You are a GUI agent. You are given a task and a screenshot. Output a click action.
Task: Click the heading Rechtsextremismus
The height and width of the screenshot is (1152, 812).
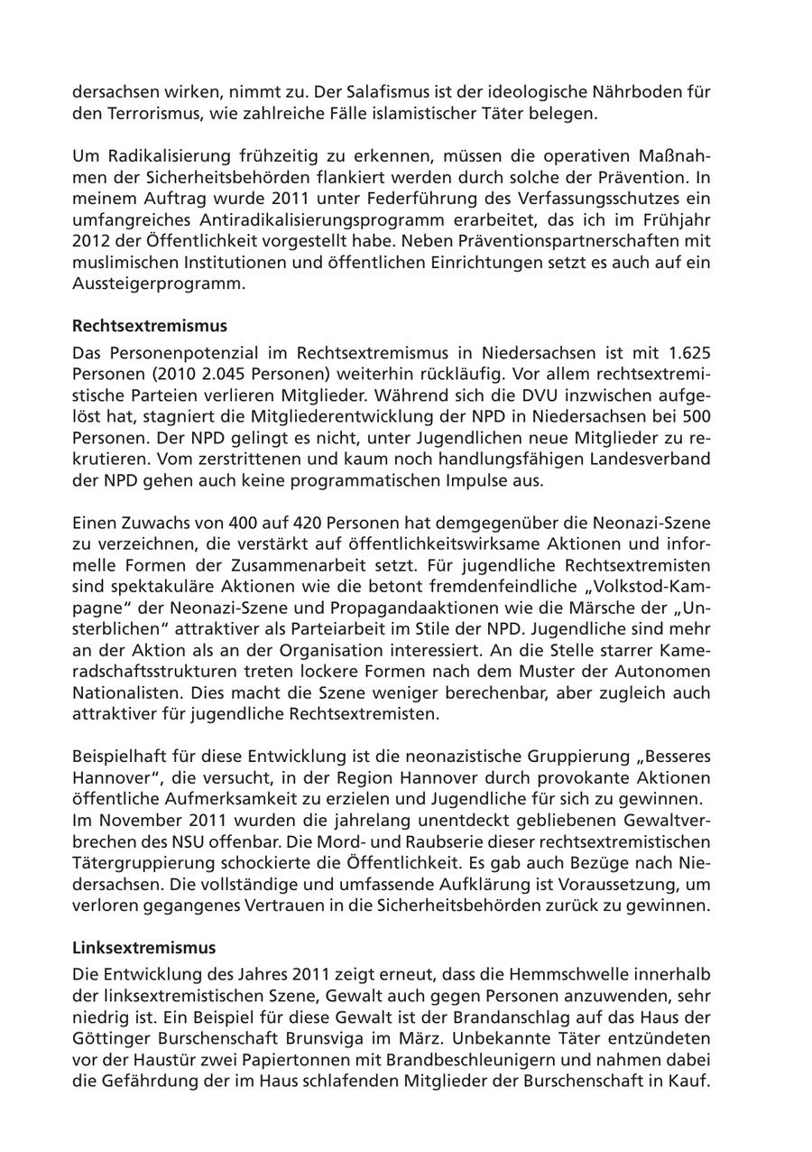click(x=150, y=325)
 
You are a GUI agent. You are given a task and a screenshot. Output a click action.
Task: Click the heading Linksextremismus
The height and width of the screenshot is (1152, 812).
click(x=143, y=948)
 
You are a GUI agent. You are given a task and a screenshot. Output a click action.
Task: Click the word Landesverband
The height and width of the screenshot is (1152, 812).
click(x=653, y=459)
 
